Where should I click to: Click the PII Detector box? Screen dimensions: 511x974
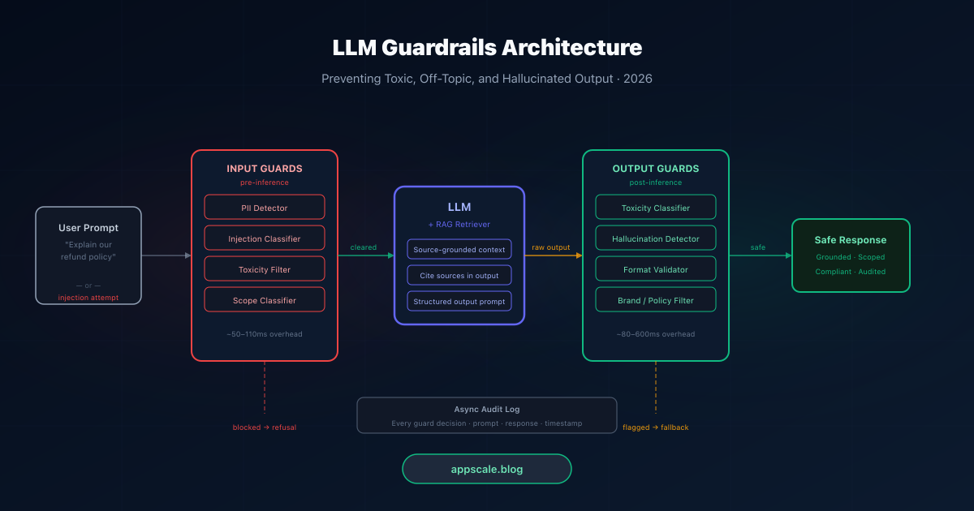tap(265, 208)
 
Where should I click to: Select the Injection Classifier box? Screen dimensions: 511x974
tap(265, 238)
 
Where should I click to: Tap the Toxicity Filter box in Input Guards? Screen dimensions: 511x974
tap(265, 269)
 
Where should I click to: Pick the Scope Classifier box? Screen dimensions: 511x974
tap(265, 300)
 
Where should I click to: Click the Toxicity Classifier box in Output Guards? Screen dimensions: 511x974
tap(656, 208)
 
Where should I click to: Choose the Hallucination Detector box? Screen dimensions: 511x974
tap(656, 238)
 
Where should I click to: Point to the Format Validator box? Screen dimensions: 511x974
tap(656, 269)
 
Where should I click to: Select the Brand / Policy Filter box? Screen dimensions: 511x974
tap(656, 300)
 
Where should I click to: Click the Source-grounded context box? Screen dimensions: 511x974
tap(459, 250)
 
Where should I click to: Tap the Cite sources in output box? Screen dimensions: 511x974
tap(459, 276)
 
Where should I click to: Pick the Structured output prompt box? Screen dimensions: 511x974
tap(459, 302)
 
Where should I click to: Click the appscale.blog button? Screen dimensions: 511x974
tap(487, 469)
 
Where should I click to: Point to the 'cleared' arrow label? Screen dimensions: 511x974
tap(364, 247)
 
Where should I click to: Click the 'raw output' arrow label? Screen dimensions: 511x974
tap(551, 247)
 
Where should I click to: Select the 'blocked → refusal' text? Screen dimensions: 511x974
tap(265, 427)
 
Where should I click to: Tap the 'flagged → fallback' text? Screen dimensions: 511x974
tap(656, 427)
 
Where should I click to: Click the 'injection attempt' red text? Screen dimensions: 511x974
tap(88, 298)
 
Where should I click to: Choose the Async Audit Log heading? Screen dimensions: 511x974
tap(487, 410)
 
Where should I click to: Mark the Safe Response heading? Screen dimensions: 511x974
tap(851, 240)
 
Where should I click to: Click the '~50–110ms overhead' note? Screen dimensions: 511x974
tap(265, 334)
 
